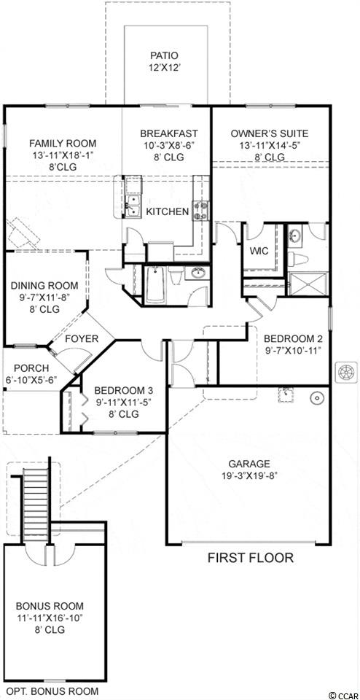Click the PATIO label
[x=165, y=56]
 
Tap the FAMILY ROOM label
[x=63, y=144]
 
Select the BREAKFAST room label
[x=168, y=133]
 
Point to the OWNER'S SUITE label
[x=270, y=133]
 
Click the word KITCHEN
[x=168, y=211]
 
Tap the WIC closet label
[x=259, y=251]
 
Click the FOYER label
[x=81, y=339]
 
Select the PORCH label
[x=31, y=368]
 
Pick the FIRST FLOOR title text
[x=250, y=558]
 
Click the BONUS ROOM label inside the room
[x=50, y=606]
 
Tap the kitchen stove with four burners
[x=200, y=210]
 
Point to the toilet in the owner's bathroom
[x=297, y=260]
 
